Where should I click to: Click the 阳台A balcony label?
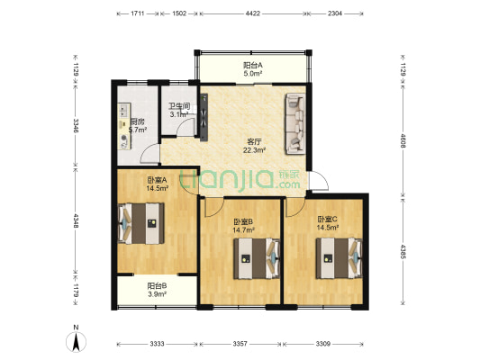[253, 66]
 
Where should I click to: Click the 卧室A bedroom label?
[158, 182]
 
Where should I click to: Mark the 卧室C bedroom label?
[327, 220]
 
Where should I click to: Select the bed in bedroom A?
[140, 223]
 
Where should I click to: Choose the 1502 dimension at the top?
[179, 14]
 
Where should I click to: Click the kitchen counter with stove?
[122, 128]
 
